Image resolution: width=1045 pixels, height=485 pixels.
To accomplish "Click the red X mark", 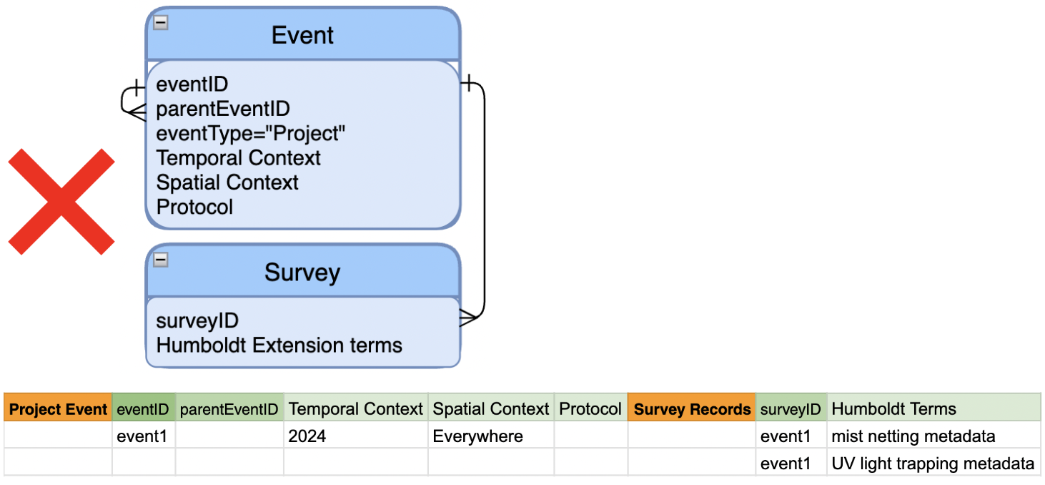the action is click(61, 202).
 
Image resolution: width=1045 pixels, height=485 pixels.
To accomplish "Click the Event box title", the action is click(303, 36).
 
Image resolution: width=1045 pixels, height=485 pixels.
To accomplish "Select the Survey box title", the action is click(303, 273).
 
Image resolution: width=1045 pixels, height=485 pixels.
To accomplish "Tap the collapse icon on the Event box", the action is click(161, 22).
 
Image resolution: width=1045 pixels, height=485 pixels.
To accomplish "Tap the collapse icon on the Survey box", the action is click(161, 260).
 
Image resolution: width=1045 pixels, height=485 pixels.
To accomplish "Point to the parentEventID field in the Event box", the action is click(223, 109).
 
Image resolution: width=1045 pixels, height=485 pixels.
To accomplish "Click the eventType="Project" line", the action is click(250, 134).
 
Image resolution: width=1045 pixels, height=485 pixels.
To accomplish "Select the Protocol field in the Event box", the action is click(194, 207).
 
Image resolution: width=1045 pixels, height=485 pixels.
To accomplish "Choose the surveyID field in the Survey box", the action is click(197, 321).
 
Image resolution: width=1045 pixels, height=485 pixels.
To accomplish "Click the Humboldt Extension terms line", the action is click(279, 346).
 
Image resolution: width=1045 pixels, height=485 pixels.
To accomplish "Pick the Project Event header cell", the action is click(58, 409).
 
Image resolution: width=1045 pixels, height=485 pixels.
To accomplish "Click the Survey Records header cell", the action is click(692, 409).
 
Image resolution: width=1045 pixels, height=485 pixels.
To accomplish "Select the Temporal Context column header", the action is click(356, 409).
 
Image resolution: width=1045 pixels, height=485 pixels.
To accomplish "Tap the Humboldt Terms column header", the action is click(934, 409).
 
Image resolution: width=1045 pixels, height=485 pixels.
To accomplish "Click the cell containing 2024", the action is click(356, 436).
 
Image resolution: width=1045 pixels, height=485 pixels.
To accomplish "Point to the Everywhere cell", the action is click(491, 436).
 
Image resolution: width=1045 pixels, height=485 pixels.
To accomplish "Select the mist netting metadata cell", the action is click(934, 436).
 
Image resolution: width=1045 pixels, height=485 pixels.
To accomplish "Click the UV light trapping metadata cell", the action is click(934, 464).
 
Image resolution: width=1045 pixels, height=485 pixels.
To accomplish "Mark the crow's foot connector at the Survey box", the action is click(469, 318).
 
